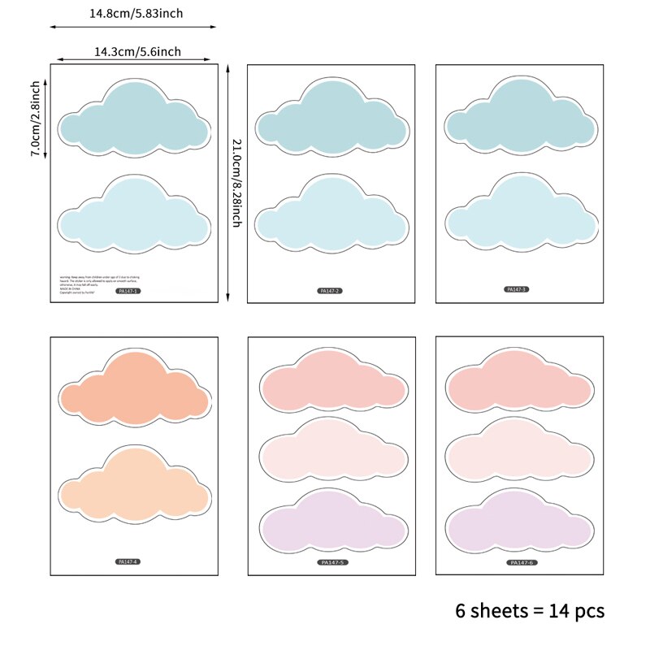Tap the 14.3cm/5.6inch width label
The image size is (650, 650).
[x=137, y=51]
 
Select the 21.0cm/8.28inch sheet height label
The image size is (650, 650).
[x=236, y=182]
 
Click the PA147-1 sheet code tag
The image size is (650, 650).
[x=129, y=290]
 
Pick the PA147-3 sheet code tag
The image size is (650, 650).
[x=517, y=288]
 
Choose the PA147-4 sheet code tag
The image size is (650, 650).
[x=129, y=561]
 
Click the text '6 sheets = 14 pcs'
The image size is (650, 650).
[x=530, y=610]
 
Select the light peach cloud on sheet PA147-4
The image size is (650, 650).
[x=135, y=486]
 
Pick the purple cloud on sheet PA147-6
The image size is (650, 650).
[x=520, y=522]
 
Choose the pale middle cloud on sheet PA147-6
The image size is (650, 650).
[x=520, y=452]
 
